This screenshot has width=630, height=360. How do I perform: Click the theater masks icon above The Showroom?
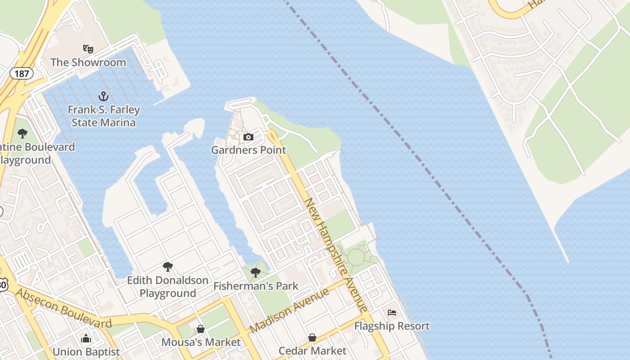(x=88, y=48)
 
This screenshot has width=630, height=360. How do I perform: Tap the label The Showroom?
(x=88, y=62)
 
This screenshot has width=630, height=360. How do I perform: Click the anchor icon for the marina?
(x=104, y=96)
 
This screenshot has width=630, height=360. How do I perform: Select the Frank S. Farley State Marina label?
(x=104, y=116)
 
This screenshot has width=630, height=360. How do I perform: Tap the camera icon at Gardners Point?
(x=248, y=137)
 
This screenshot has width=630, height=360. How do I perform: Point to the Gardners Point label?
(x=248, y=150)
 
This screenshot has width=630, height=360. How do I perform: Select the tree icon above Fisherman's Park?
(x=256, y=272)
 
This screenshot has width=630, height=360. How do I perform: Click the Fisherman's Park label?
(x=256, y=286)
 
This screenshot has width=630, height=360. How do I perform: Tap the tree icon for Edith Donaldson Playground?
(x=168, y=267)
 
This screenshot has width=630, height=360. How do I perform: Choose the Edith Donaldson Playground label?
(x=168, y=287)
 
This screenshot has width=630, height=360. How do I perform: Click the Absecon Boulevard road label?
(x=64, y=308)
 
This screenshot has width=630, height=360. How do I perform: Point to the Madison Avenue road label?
(x=289, y=311)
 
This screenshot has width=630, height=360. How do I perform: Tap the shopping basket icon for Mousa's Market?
(x=201, y=329)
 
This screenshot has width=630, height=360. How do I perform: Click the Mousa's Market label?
(x=201, y=342)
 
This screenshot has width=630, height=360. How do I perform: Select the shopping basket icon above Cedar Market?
(x=312, y=337)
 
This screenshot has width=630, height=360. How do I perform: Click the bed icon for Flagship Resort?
(x=392, y=312)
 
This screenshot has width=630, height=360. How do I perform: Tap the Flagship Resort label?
(x=392, y=325)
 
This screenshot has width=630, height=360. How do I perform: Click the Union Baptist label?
(x=86, y=351)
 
